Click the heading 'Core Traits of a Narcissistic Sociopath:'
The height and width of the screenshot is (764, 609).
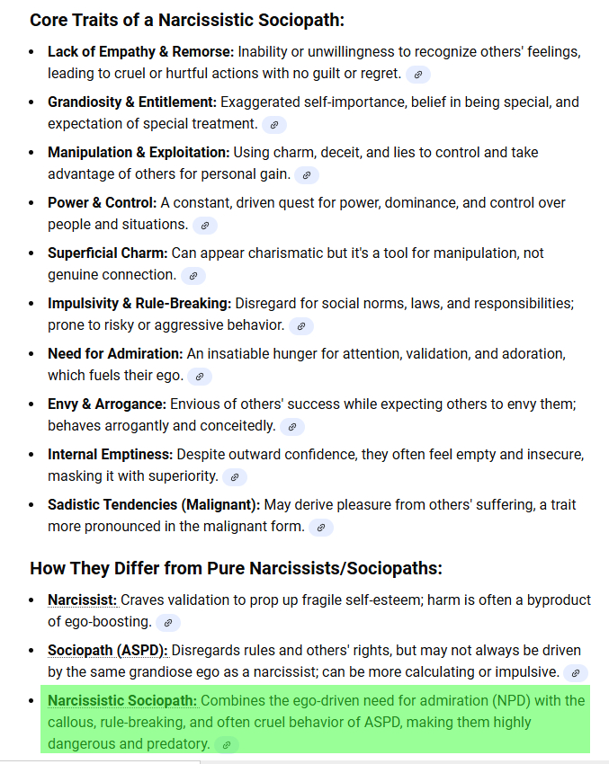(x=187, y=20)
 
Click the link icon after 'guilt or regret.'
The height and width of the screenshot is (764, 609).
(x=418, y=75)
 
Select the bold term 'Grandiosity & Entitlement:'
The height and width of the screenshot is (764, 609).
(x=131, y=102)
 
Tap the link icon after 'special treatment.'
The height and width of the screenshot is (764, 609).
(x=274, y=125)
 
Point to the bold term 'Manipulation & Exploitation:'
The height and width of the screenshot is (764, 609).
(x=139, y=153)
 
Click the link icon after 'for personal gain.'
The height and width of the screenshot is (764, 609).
(x=307, y=175)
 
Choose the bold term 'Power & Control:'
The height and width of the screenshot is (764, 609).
(x=102, y=203)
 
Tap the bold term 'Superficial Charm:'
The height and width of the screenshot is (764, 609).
(x=108, y=253)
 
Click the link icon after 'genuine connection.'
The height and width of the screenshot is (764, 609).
(x=193, y=276)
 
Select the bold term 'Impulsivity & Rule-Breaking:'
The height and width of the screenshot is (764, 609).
(x=139, y=304)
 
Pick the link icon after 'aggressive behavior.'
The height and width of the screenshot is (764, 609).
(x=301, y=326)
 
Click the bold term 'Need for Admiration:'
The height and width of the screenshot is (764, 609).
(x=115, y=354)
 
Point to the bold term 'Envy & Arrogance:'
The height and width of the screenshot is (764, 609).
(x=107, y=404)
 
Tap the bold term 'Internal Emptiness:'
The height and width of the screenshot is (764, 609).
(x=111, y=455)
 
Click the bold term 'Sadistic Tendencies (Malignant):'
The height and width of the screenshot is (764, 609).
(x=154, y=505)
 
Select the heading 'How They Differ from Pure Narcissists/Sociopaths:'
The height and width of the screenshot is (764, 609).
(x=236, y=569)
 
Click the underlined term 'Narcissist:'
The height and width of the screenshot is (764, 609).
(x=83, y=600)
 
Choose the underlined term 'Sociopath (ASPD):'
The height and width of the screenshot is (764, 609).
(x=108, y=650)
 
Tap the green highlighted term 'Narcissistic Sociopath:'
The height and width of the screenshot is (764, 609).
(x=122, y=700)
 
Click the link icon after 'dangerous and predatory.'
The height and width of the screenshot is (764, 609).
(x=227, y=745)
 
